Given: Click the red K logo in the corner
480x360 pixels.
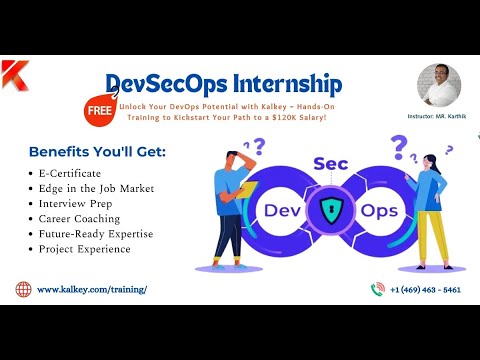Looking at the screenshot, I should coord(14,74).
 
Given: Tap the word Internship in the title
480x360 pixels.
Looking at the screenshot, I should coord(286,83).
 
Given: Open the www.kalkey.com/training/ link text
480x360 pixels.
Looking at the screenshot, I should coord(92,289).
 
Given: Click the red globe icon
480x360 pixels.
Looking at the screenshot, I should coord(23,289).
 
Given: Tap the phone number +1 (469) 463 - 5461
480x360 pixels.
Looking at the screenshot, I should coord(427,289).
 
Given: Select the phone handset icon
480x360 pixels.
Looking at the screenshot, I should coord(378,289).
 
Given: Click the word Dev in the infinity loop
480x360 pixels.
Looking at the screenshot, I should coord(284,210).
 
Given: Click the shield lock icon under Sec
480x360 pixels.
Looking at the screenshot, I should coord(332,210).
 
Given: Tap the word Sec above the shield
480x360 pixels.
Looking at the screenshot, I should coord(330,163).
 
